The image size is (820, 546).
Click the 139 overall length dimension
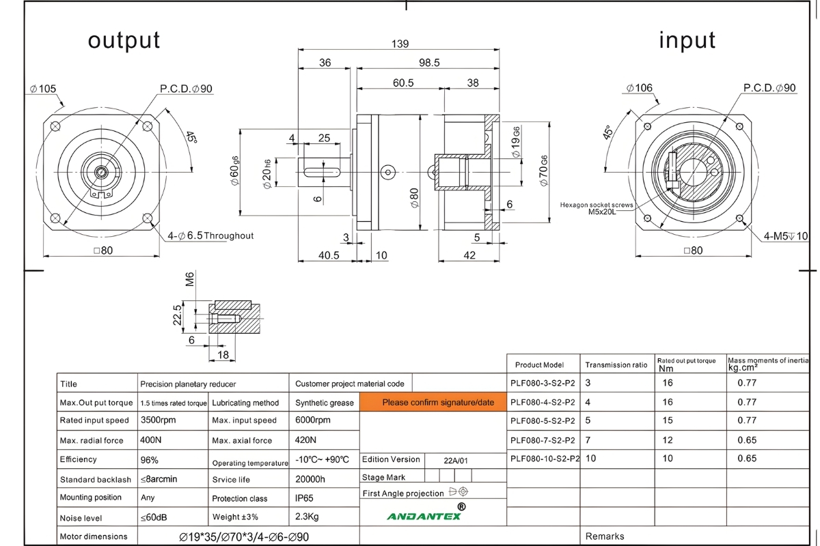coord(400,44)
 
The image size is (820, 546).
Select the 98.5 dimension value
coord(429,63)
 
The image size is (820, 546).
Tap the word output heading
coord(124,40)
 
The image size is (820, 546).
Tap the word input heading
coord(687,40)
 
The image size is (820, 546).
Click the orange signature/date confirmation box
coord(438,402)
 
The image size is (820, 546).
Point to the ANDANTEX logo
coord(424,515)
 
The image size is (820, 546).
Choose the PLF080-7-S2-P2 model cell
coord(543,440)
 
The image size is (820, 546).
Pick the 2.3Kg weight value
coord(307,517)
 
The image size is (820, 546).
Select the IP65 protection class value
coord(304,498)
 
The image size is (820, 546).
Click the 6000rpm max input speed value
coord(312,420)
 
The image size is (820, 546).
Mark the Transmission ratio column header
coord(616,364)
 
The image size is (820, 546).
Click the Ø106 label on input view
coord(639,88)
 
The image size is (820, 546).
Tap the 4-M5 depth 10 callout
coord(786,236)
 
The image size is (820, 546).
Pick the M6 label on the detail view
coord(190,280)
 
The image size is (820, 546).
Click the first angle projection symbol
coord(458,491)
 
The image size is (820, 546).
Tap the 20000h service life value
coord(310,479)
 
